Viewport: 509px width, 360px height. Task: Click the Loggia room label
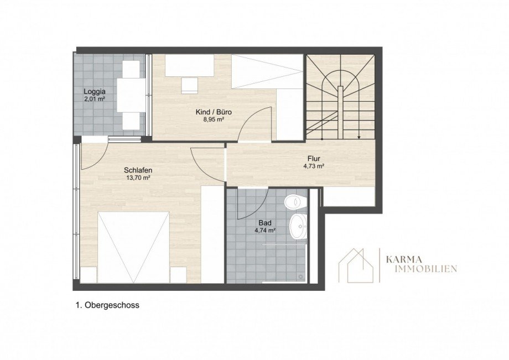point(95,91)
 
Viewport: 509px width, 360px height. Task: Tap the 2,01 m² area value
point(95,99)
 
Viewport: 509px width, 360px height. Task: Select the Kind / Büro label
point(214,112)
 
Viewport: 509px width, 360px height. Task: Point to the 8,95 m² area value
point(214,119)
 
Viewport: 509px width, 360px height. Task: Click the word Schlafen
point(138,170)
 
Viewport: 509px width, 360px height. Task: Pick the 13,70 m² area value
point(138,178)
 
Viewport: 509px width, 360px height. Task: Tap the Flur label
point(314,159)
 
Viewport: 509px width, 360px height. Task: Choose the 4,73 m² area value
point(314,166)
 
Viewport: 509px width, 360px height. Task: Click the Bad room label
point(265,223)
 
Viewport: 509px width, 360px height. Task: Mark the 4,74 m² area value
point(265,231)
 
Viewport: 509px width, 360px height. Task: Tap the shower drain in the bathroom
point(301,277)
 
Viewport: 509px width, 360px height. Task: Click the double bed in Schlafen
point(133,247)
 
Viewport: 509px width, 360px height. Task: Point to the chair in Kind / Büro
point(190,86)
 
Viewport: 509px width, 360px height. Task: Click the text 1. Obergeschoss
point(107,305)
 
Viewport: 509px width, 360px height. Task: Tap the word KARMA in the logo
point(404,259)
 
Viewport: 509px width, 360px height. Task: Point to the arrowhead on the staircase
point(359,138)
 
